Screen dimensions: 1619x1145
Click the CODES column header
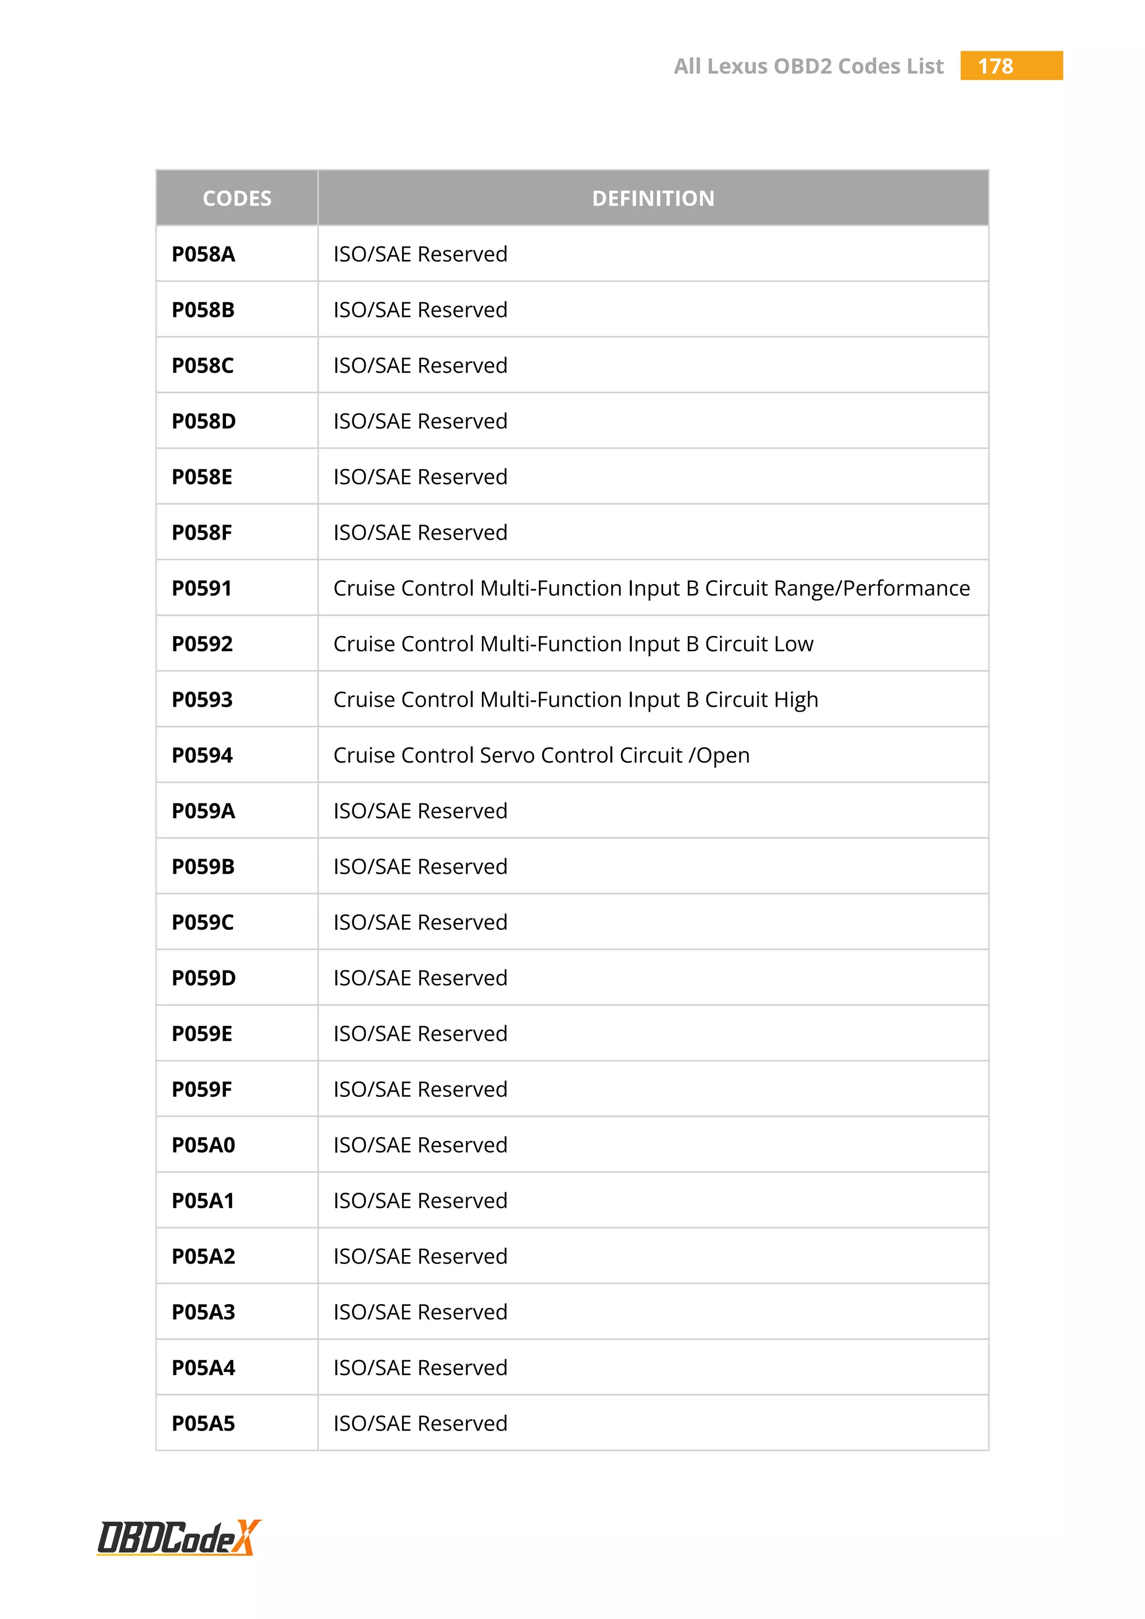click(237, 198)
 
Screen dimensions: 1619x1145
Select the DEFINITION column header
click(653, 198)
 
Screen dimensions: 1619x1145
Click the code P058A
click(203, 254)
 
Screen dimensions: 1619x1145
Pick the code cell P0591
click(202, 588)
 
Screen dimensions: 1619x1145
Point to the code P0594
click(202, 755)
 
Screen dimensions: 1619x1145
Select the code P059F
click(202, 1090)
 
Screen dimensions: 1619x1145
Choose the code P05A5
click(203, 1424)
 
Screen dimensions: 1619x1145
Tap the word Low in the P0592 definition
click(794, 644)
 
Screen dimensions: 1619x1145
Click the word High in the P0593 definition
click(796, 699)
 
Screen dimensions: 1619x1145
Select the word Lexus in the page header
click(737, 67)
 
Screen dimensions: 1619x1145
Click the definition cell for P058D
click(420, 421)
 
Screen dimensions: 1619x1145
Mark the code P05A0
click(203, 1145)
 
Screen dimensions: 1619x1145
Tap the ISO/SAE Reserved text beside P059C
click(420, 922)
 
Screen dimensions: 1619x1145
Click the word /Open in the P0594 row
click(719, 755)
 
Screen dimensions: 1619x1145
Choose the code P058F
click(202, 532)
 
